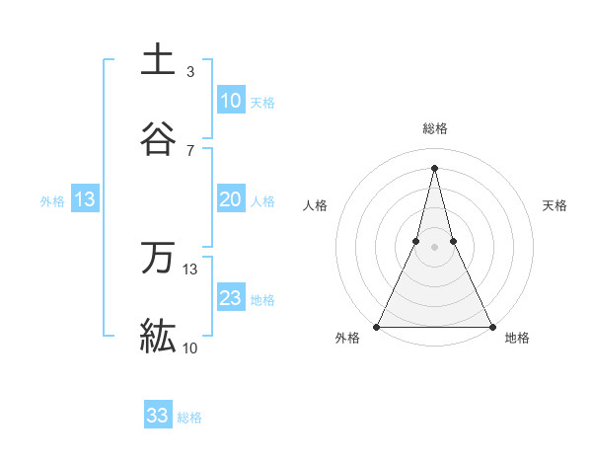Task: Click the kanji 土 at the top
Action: (158, 59)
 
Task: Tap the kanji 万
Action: (158, 258)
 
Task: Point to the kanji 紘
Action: (158, 336)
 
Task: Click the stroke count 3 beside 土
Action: (190, 72)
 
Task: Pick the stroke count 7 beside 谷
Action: (190, 150)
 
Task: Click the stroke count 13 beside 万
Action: (190, 270)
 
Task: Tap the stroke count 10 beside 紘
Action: (190, 348)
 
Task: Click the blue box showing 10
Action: (230, 101)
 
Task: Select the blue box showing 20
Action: (230, 199)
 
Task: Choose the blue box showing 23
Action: (230, 298)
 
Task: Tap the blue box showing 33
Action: (158, 416)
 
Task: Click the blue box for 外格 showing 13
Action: (85, 200)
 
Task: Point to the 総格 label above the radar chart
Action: (435, 129)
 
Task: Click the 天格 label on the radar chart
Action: (555, 205)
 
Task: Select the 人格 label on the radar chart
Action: (315, 205)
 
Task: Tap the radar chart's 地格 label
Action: (517, 339)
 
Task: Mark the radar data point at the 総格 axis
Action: (435, 167)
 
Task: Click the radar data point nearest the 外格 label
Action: (378, 326)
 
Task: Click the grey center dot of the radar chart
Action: (435, 247)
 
